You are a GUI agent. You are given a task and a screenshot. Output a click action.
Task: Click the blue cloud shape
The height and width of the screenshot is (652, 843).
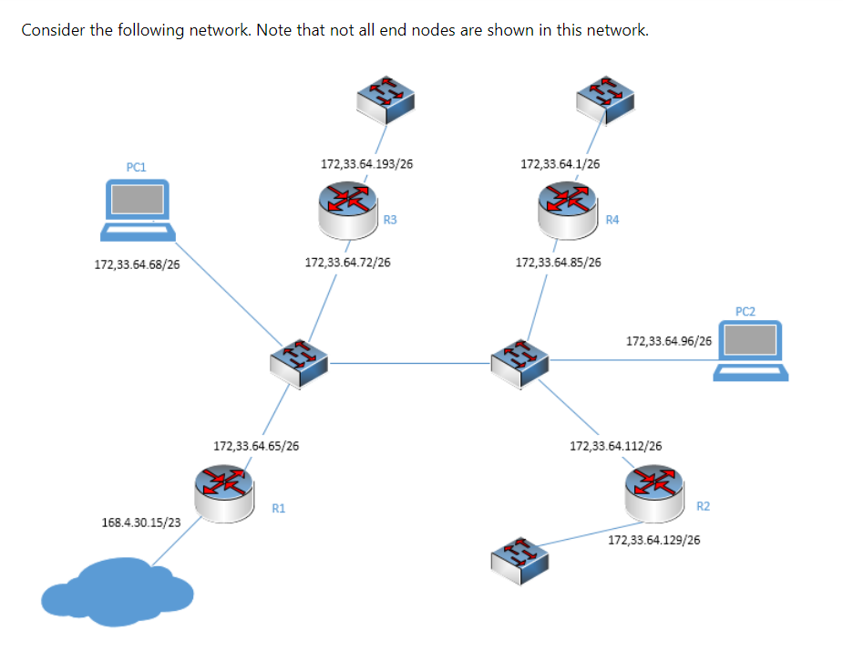(117, 593)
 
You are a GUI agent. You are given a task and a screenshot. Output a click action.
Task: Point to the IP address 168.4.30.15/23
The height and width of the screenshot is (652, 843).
(140, 523)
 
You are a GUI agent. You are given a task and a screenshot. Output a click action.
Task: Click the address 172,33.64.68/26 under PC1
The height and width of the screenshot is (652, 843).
(137, 265)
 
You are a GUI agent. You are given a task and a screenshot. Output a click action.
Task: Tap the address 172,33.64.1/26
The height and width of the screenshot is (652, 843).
(560, 164)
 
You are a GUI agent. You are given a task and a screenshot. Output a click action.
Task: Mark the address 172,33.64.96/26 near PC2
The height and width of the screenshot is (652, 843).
(669, 341)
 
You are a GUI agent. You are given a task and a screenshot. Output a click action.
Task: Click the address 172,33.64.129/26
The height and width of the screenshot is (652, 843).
(653, 540)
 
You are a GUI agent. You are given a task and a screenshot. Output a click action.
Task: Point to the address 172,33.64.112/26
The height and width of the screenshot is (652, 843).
(615, 446)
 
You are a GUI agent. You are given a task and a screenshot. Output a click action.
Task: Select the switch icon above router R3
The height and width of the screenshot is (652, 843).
(385, 98)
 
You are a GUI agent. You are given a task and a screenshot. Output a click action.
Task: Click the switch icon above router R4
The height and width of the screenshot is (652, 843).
(605, 98)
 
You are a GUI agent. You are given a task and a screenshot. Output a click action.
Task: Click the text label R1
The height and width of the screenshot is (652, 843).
(279, 508)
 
